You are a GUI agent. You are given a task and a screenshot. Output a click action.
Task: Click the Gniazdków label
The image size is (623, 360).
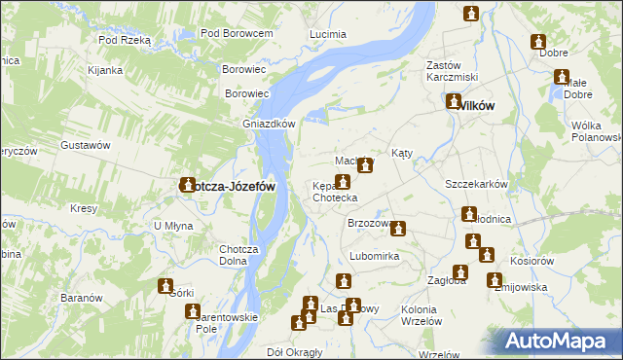pyautogui.click(x=269, y=124)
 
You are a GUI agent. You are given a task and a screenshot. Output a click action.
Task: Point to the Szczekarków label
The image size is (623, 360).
pyautogui.click(x=477, y=184)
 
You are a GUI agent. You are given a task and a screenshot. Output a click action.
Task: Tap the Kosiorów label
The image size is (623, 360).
pyautogui.click(x=532, y=262)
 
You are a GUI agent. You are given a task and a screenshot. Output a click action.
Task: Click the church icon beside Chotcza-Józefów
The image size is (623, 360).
pyautogui.click(x=187, y=184)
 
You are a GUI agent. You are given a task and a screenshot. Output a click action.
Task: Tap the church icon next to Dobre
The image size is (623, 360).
pyautogui.click(x=538, y=42)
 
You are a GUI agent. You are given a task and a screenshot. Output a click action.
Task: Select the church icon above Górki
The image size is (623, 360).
pyautogui.click(x=165, y=286)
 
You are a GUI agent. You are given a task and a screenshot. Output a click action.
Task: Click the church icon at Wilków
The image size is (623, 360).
pyautogui.click(x=454, y=100)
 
